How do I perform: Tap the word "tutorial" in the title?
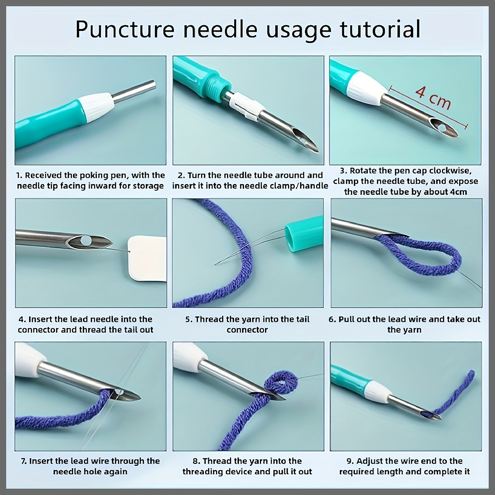point(380,29)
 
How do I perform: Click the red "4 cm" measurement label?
point(433,97)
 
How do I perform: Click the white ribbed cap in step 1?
point(96,107)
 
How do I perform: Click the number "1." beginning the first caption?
point(19,175)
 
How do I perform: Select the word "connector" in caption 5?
point(247,330)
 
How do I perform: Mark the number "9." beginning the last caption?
point(350,461)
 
